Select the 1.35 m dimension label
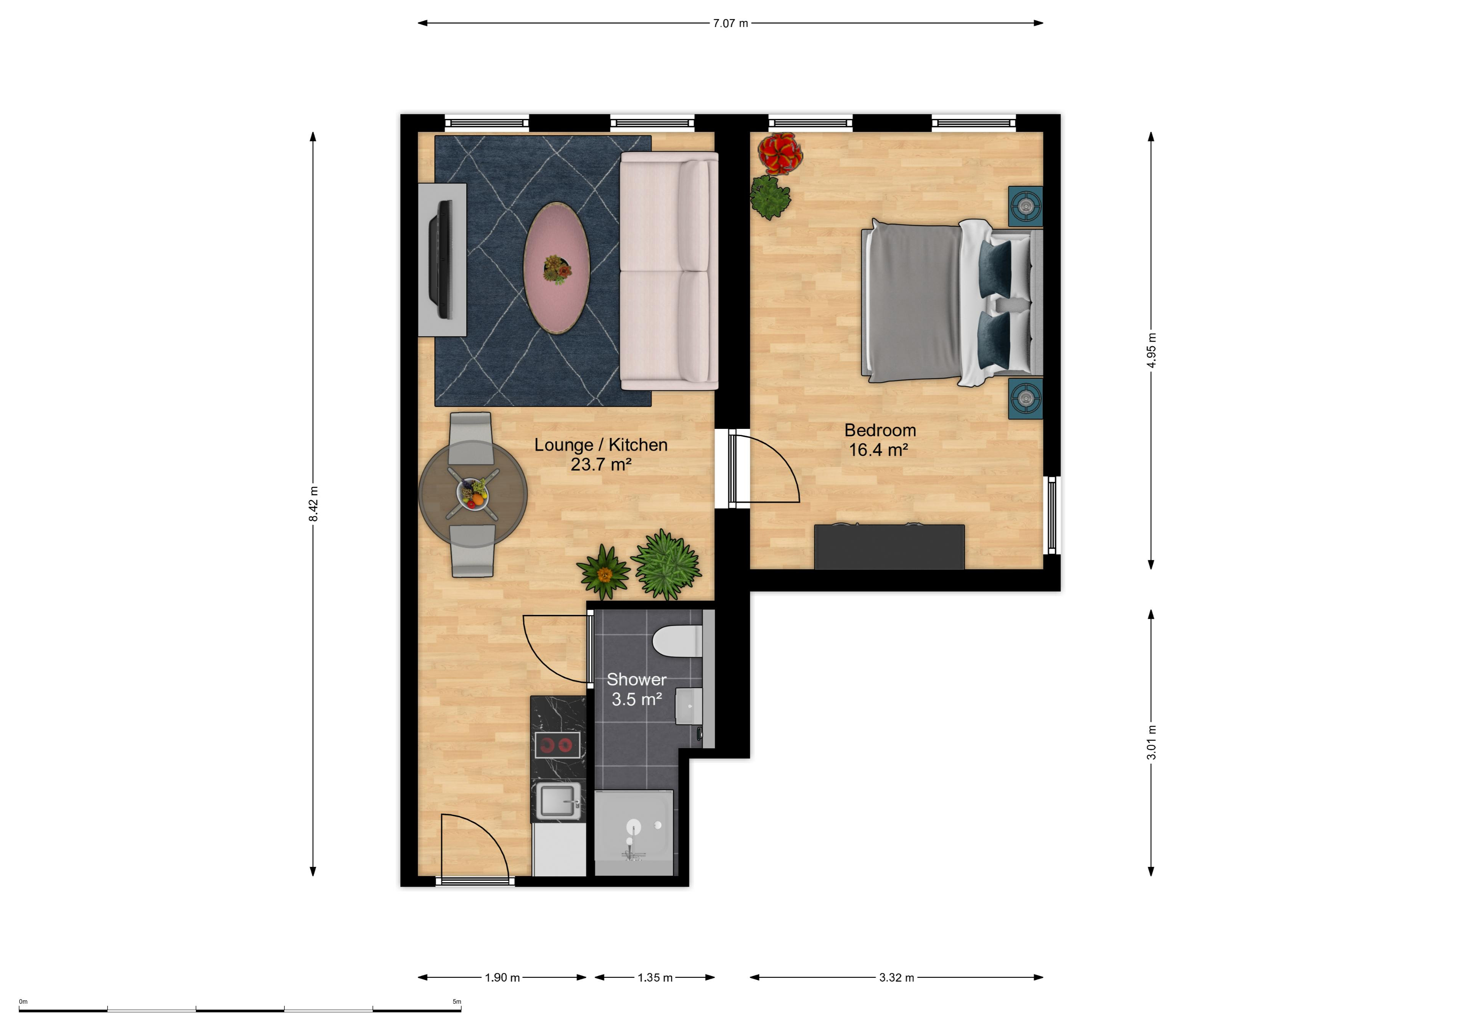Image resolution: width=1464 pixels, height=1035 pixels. (655, 977)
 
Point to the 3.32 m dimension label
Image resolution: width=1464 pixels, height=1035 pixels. (896, 977)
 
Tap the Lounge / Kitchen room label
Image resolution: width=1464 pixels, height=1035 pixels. (600, 445)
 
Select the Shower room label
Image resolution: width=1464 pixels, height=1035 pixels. (636, 680)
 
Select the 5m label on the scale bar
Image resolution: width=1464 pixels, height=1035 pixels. (456, 1002)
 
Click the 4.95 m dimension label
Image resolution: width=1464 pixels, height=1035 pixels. (1151, 350)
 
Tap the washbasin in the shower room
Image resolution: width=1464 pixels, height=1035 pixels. (689, 706)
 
